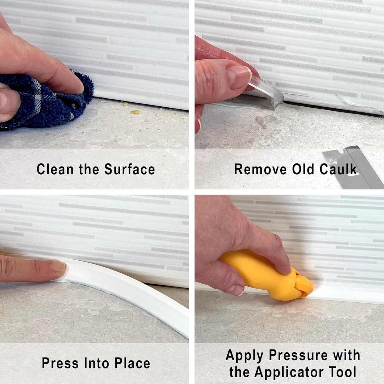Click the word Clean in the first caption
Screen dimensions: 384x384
[55, 169]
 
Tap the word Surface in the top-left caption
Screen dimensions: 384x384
[129, 169]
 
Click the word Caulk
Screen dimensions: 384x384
[338, 169]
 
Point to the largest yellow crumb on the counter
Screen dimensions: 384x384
[135, 112]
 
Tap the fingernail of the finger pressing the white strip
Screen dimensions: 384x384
[58, 267]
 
